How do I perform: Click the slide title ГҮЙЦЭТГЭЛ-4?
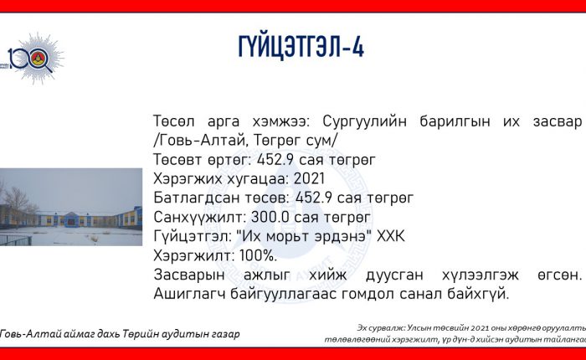[301, 47]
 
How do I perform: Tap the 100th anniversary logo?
[35, 59]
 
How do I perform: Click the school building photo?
[71, 207]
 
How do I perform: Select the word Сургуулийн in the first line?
[364, 121]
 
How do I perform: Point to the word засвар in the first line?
[558, 122]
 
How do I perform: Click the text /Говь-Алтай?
[201, 141]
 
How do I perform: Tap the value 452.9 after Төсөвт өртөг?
[274, 160]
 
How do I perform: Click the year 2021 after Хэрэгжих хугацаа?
[309, 178]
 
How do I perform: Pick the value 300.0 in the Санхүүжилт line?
[267, 217]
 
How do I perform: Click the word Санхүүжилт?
[199, 217]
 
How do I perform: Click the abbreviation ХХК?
[391, 237]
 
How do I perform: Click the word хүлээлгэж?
[481, 275]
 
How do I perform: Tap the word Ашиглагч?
[189, 294]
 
